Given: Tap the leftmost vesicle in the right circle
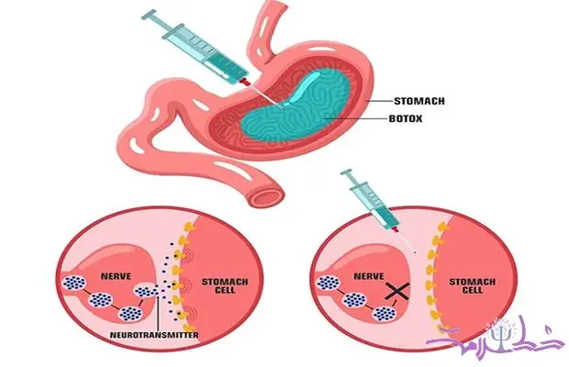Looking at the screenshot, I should (325, 283).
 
